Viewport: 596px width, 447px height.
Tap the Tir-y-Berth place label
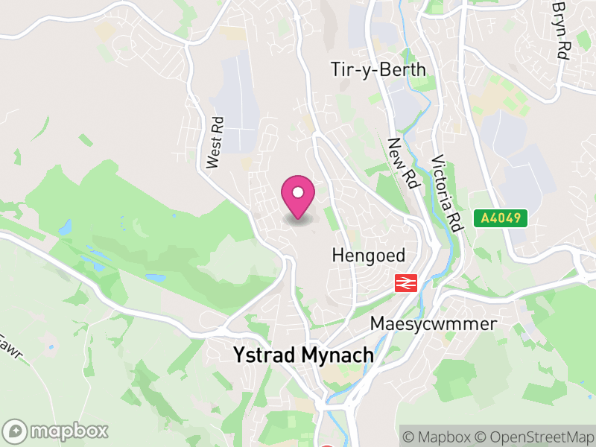pos(378,70)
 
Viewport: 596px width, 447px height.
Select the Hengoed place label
pos(368,256)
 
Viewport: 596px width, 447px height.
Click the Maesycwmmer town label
pos(433,325)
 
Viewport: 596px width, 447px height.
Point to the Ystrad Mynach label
pos(303,355)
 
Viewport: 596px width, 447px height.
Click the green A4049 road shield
pos(501,218)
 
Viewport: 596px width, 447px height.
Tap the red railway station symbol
pos(405,282)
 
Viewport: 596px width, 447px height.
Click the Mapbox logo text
pos(69,431)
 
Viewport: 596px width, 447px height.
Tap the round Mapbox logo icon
pos(16,431)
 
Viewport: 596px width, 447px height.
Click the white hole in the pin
pos(298,192)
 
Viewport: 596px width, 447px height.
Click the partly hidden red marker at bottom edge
pos(328,445)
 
